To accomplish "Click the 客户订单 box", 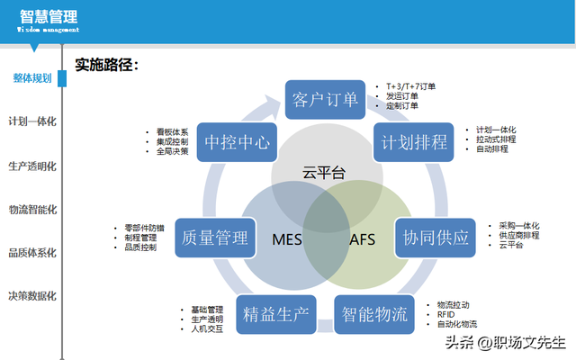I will point(326,99).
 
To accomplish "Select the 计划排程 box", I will point(410,142).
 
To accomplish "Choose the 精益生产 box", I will point(275,314).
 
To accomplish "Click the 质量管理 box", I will point(214,238).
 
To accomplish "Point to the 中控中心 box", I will point(237,142).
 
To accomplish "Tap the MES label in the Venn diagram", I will point(287,239).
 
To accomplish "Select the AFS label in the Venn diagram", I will point(363,239).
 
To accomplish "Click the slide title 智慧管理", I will point(48,15).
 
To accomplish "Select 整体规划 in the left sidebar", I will point(31,77).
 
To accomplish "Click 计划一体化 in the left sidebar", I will point(32,121).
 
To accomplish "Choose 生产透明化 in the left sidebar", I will point(32,166).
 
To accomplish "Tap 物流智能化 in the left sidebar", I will point(32,209).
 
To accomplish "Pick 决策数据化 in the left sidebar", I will point(32,295).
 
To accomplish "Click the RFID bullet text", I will point(447,314).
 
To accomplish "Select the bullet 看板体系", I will point(172,131).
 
